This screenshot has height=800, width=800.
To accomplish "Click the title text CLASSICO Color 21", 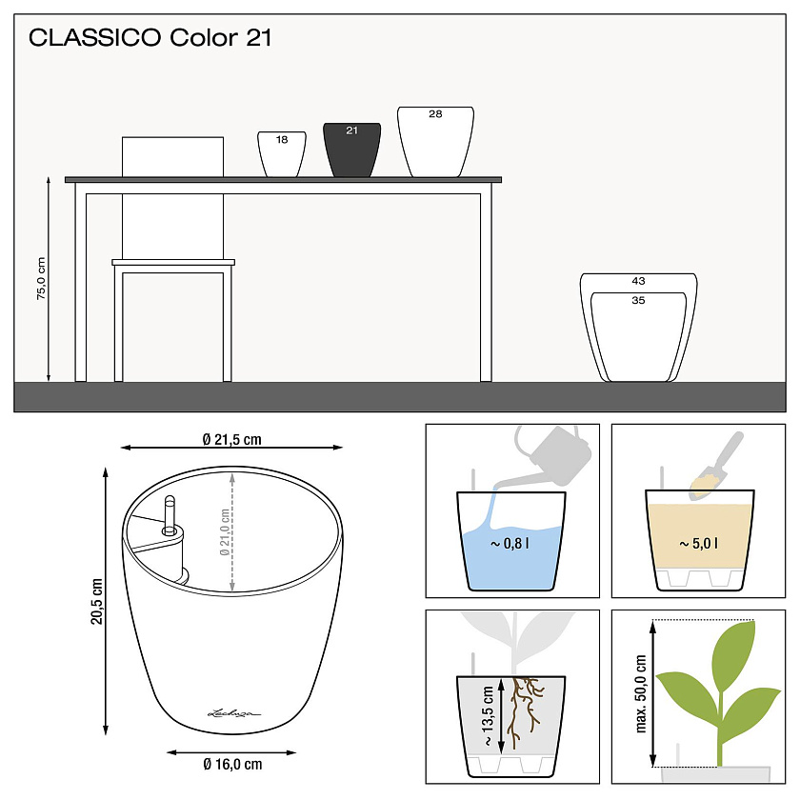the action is tap(150, 38).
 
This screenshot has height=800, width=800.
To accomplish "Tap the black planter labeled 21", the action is tap(352, 150).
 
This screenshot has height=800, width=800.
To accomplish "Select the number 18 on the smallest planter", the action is tap(282, 140).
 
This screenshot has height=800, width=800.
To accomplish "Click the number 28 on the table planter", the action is tap(435, 113).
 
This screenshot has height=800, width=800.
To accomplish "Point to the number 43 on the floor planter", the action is tap(638, 281).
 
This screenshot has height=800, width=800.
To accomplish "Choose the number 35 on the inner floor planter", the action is tap(638, 301).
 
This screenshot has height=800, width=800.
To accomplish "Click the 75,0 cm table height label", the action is tap(41, 278).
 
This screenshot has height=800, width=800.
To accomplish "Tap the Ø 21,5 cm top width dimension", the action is tap(231, 439).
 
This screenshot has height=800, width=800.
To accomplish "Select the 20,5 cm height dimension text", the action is tap(96, 601).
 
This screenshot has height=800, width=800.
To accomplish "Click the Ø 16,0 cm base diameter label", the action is tap(232, 764).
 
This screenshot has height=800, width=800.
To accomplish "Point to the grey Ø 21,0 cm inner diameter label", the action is tap(225, 532).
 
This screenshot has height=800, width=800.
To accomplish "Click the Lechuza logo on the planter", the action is tap(233, 712).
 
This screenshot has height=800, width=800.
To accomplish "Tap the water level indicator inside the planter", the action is tap(170, 516).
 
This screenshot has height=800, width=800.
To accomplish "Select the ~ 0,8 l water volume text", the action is tap(510, 544).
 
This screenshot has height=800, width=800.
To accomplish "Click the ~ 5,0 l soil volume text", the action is tap(698, 544).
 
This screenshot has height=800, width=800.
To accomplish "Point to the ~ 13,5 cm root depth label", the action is tap(488, 716).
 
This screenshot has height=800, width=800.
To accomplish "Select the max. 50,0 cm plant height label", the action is tap(641, 694).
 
